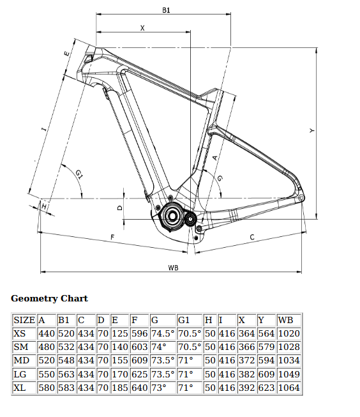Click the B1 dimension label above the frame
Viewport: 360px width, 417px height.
[x=166, y=10]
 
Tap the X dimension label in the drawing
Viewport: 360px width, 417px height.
[x=142, y=28]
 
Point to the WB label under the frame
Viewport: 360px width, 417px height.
[x=173, y=268]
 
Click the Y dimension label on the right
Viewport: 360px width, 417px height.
[x=312, y=130]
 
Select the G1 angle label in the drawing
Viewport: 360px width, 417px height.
[x=79, y=174]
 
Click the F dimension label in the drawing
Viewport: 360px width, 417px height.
[x=112, y=237]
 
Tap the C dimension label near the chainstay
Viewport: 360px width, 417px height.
[x=252, y=237]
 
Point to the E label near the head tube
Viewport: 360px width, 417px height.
[x=67, y=54]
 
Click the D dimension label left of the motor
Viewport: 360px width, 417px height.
[x=120, y=208]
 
